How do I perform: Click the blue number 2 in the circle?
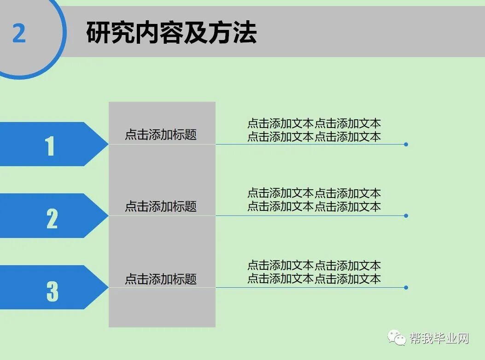(x=19, y=33)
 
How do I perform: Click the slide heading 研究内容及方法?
(x=171, y=33)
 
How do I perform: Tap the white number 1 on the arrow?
(x=50, y=146)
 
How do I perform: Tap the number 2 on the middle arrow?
(x=52, y=218)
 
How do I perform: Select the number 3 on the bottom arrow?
(x=52, y=291)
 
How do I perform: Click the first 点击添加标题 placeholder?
(x=161, y=134)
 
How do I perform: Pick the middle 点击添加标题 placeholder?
(x=161, y=206)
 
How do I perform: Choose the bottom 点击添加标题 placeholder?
(x=161, y=279)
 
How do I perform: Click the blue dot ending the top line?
(x=406, y=145)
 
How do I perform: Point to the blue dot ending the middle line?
(x=406, y=215)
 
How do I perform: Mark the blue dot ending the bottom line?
(x=406, y=288)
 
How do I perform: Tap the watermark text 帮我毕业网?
(x=439, y=339)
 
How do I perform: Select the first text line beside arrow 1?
(x=314, y=123)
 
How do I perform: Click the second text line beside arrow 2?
(x=314, y=206)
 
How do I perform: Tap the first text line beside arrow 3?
(x=314, y=266)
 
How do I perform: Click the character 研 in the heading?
(x=98, y=33)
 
